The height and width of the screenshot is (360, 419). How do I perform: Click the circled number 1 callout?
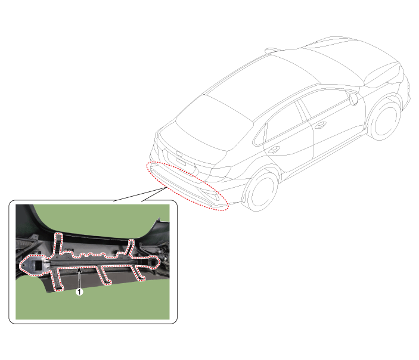[79, 292]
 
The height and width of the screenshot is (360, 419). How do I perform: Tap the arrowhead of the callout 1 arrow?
[79, 270]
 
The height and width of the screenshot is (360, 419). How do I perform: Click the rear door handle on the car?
[274, 150]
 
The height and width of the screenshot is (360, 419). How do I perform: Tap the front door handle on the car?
[321, 125]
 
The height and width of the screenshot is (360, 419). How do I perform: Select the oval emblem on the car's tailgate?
[178, 154]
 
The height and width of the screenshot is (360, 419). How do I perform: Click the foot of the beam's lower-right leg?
[141, 279]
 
